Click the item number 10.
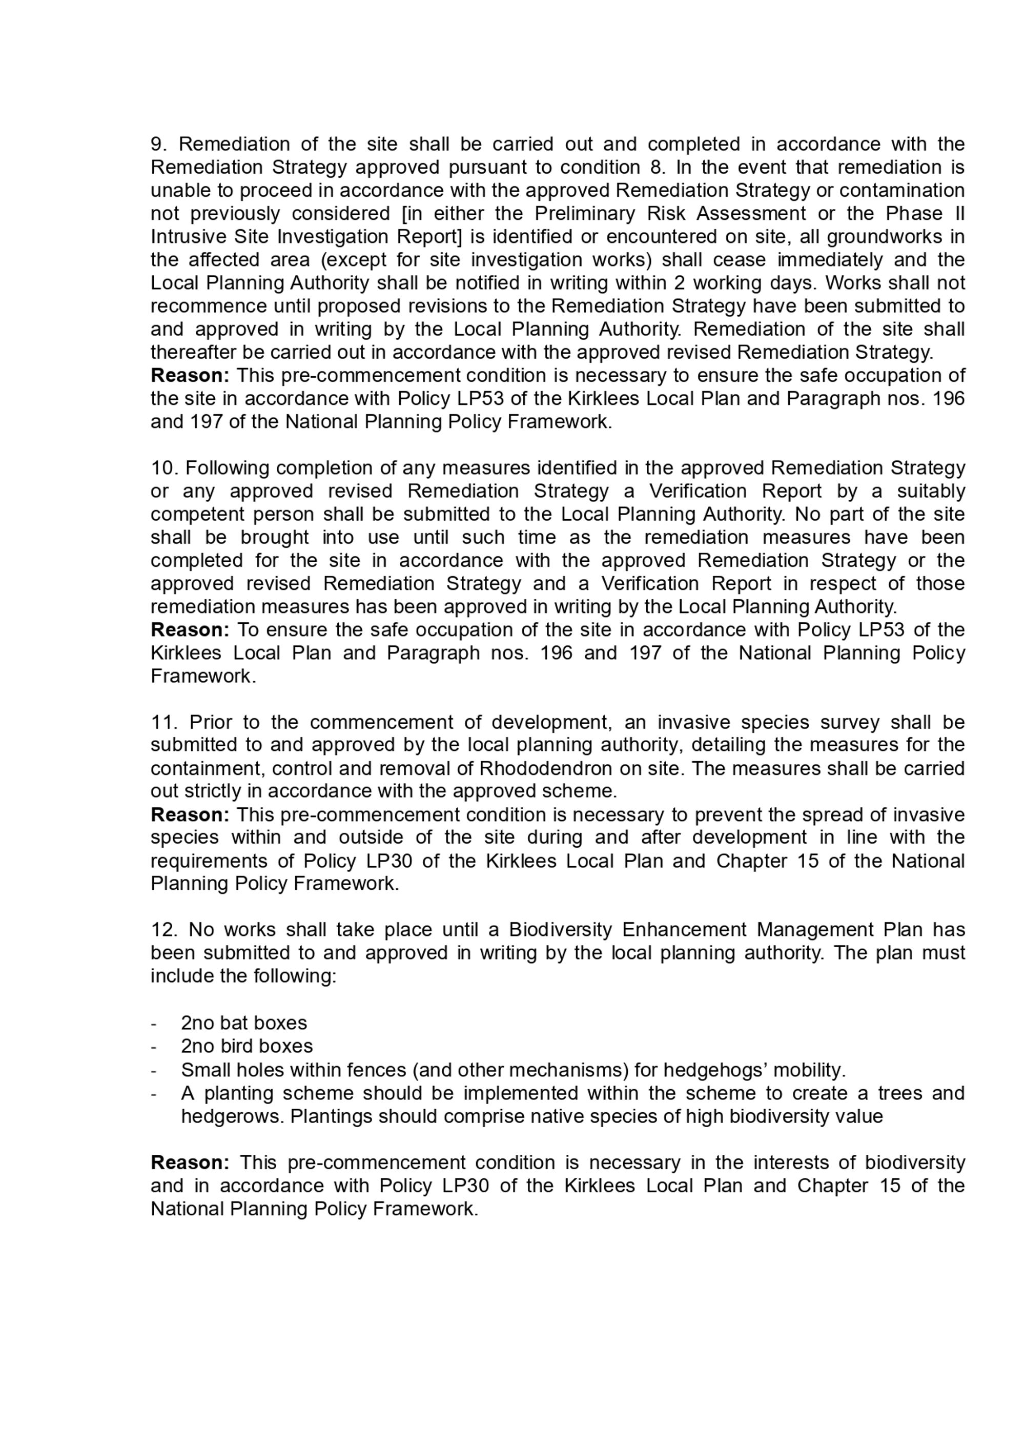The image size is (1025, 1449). point(165,468)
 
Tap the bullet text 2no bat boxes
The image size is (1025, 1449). point(243,1023)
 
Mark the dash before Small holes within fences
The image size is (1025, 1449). point(153,1070)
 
